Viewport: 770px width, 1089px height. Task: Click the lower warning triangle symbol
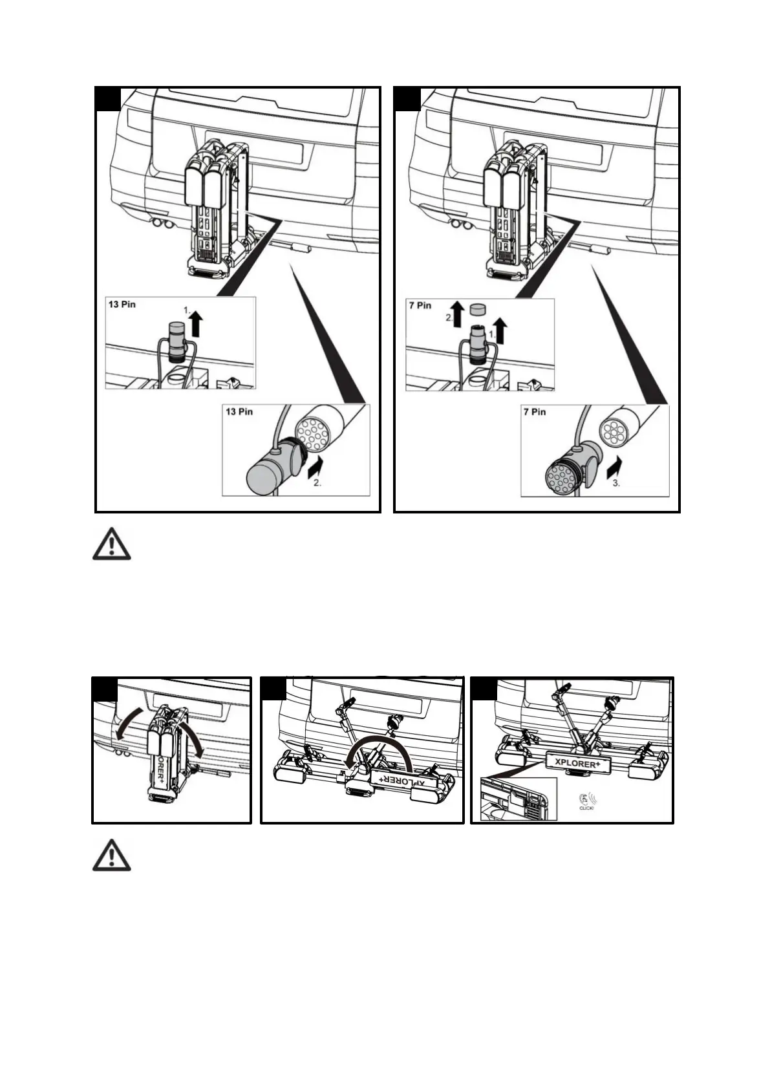111,856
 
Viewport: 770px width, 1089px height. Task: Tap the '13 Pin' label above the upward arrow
122,304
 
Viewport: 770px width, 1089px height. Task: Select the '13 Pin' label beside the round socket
239,412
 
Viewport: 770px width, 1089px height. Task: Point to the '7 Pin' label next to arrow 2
420,305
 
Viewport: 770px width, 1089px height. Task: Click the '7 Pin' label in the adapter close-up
535,412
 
